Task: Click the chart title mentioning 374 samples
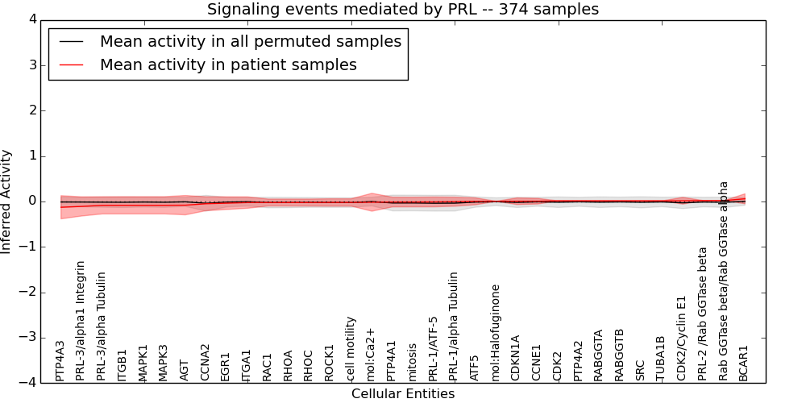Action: coord(403,10)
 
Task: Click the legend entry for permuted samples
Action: coord(250,41)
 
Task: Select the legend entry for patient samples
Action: coord(228,64)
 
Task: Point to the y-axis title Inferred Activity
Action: coord(7,201)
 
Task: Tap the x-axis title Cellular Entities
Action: coord(403,393)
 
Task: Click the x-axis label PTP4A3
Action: coord(60,360)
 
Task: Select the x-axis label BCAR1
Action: coord(744,363)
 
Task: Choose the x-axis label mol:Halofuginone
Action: coord(496,332)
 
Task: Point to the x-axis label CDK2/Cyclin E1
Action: coord(682,338)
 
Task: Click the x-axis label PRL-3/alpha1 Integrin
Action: coord(81,321)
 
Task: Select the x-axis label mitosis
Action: coord(413,362)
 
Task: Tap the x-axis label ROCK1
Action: coord(330,363)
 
